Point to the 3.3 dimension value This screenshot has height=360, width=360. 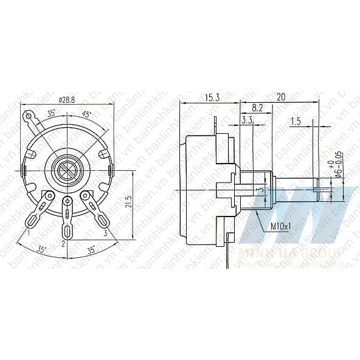(x=247, y=120)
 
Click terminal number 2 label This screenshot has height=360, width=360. (x=63, y=244)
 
